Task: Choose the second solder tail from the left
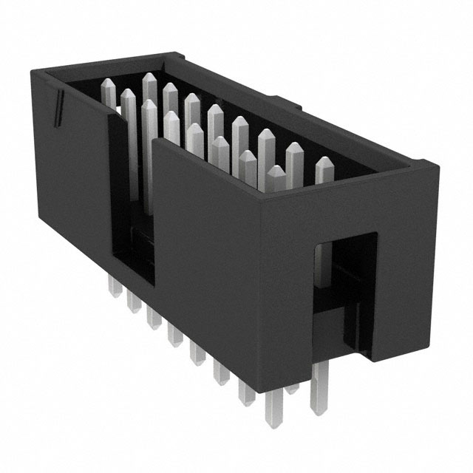[x=134, y=299]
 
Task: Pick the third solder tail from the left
[x=154, y=316]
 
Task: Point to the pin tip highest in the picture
[x=149, y=78]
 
